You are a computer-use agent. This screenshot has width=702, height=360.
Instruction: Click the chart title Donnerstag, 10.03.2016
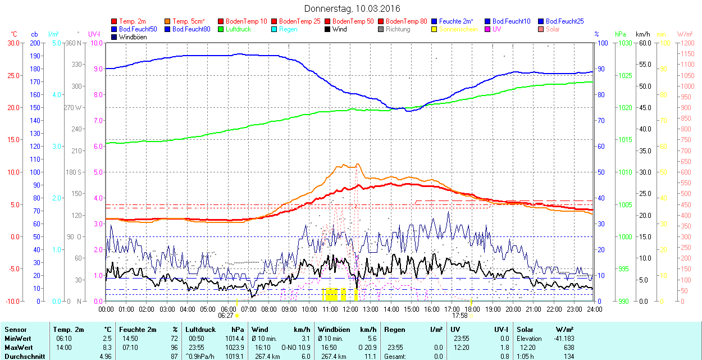click(352, 8)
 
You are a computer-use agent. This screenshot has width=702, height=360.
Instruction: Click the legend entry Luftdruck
click(238, 29)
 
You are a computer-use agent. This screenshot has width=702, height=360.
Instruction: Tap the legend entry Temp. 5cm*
click(188, 21)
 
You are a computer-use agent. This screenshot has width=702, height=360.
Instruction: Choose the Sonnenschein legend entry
click(458, 29)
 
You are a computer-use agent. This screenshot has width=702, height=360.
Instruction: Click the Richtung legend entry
click(398, 29)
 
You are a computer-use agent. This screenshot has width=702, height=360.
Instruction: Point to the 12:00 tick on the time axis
click(350, 309)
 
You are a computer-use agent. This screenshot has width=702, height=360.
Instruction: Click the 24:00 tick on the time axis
click(594, 309)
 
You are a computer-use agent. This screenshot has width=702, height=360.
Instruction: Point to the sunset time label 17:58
click(460, 315)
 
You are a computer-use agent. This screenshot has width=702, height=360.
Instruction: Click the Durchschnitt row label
click(23, 356)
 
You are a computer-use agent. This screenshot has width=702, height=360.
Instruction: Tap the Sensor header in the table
click(16, 330)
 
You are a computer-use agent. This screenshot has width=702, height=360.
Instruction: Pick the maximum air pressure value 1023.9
click(235, 347)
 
